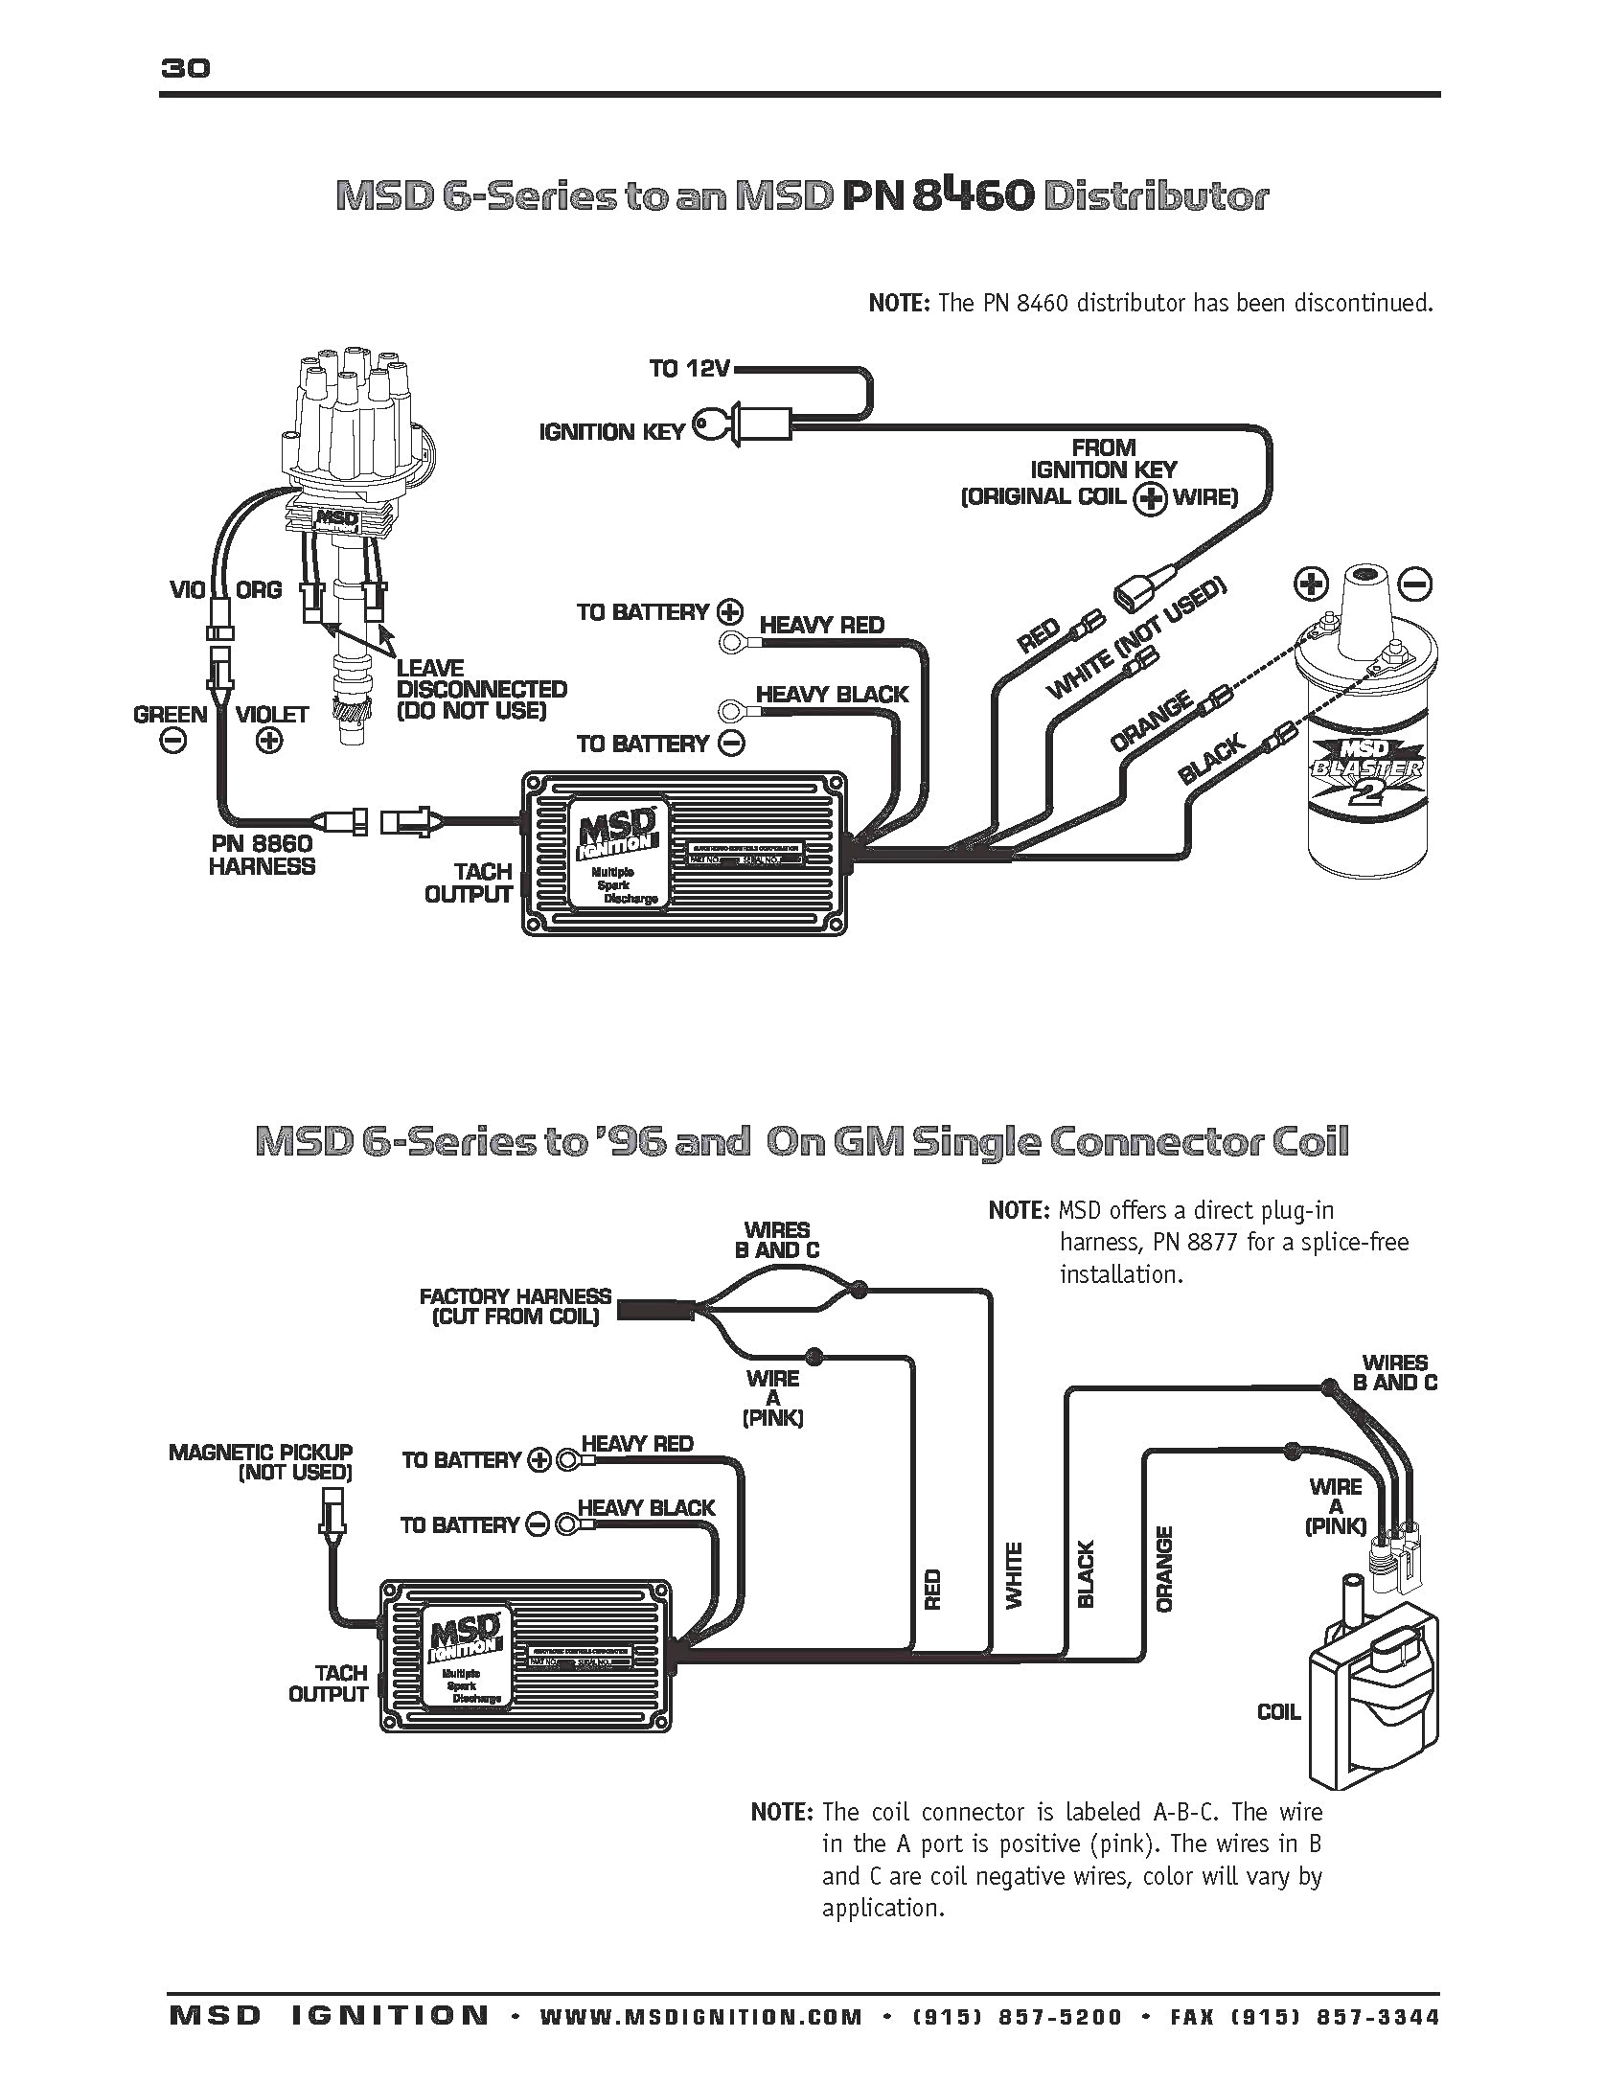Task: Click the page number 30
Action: point(185,68)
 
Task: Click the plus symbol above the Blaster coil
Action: point(1310,583)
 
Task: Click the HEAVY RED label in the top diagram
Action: point(822,626)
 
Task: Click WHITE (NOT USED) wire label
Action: point(1136,640)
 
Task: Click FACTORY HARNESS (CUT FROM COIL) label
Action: point(516,1307)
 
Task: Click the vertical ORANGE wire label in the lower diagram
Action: point(1165,1569)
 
